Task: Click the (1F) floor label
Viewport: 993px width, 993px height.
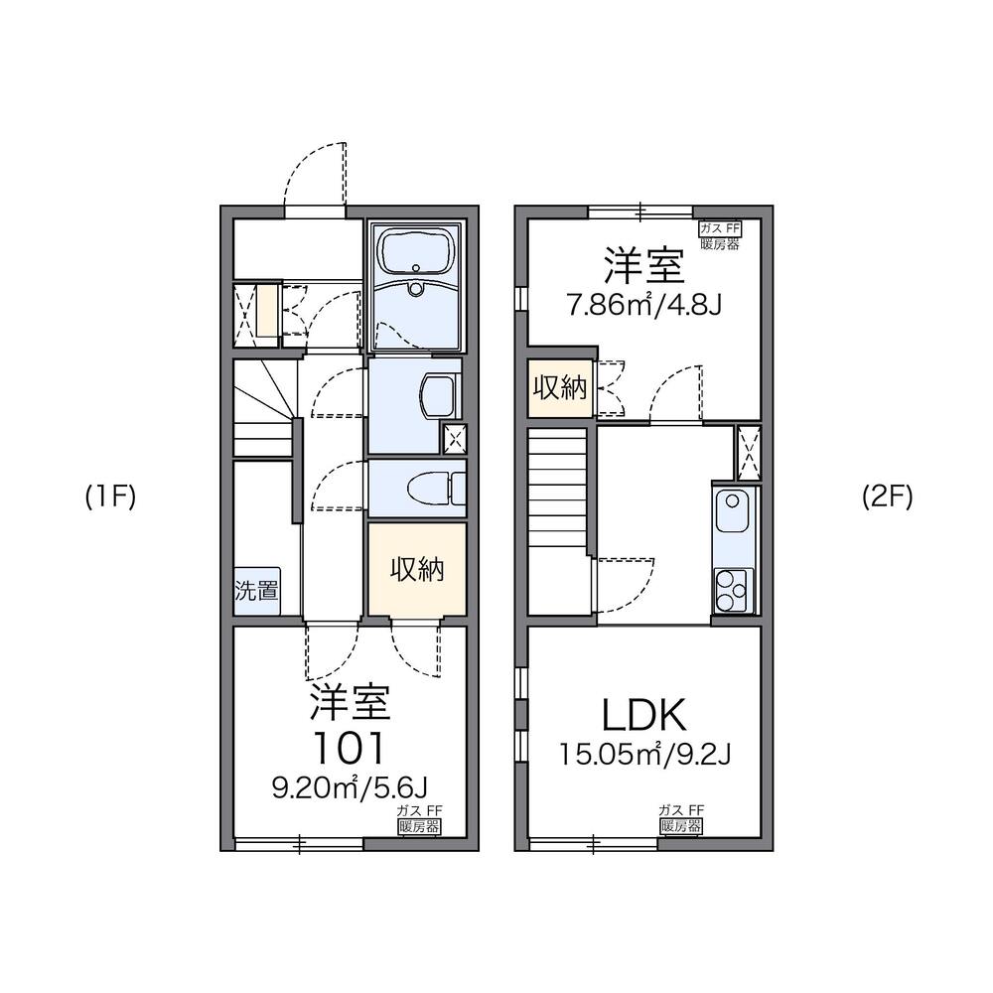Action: point(109,497)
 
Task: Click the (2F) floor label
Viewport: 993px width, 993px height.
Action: point(886,497)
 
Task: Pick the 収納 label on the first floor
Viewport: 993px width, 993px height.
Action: point(416,570)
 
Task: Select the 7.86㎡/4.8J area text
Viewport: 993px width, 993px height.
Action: point(643,304)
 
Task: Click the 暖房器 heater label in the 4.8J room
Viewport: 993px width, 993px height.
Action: point(720,244)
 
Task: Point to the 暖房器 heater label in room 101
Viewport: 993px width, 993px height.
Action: point(418,826)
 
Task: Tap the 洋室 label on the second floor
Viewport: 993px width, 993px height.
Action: point(643,265)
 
